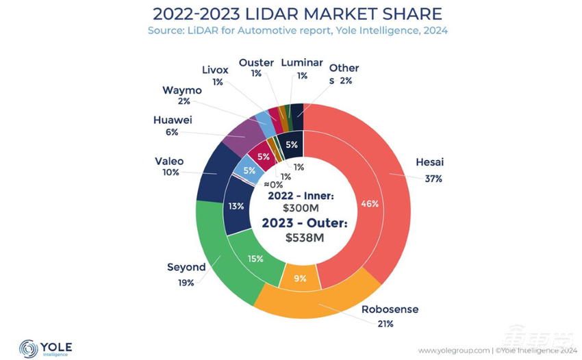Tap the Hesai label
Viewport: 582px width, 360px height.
pos(429,162)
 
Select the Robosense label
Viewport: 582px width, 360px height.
pos(390,309)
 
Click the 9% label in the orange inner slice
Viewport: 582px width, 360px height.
pos(301,278)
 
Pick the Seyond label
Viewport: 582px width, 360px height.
pos(186,267)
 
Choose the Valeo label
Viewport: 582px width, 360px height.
pos(170,162)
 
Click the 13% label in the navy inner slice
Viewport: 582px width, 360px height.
pos(236,206)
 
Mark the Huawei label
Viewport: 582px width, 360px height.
pos(168,120)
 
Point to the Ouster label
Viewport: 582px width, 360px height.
pos(256,63)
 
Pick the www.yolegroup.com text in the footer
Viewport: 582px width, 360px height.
pos(453,350)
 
